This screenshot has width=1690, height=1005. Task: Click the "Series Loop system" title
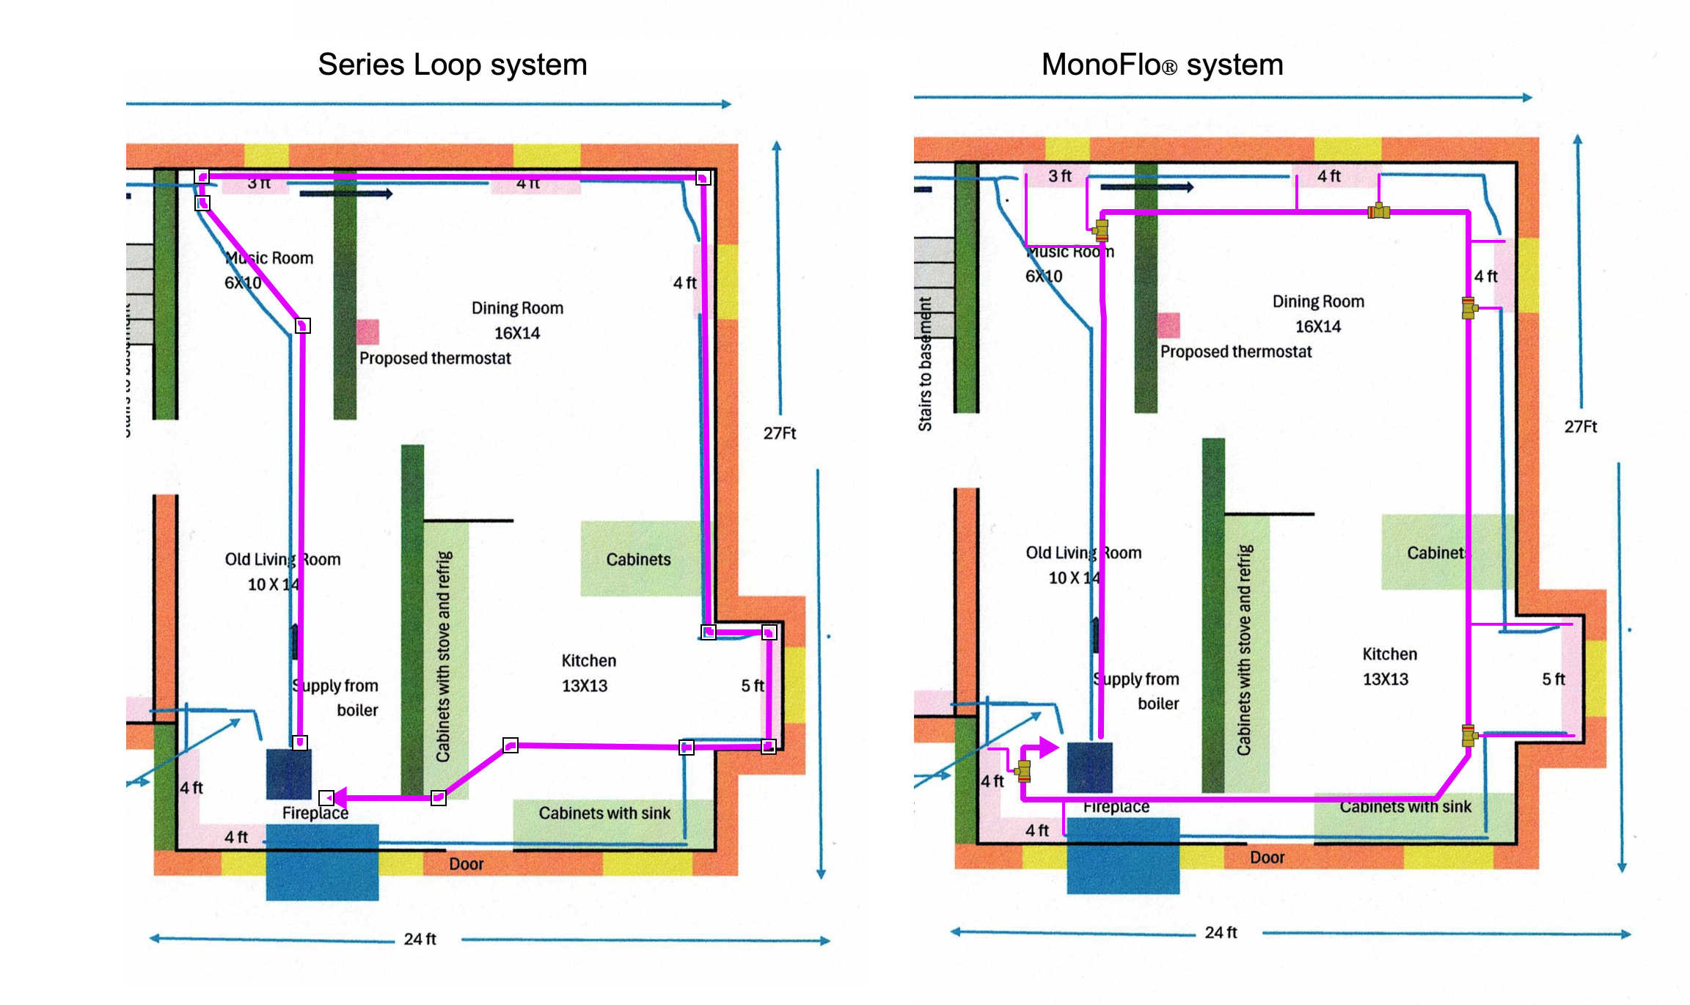click(452, 65)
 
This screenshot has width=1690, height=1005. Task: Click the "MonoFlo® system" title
click(1162, 65)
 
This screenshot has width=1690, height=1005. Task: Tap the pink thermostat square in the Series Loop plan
click(367, 332)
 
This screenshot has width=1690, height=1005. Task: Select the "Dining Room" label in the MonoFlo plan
click(1318, 301)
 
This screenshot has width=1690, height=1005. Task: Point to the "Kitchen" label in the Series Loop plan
click(588, 660)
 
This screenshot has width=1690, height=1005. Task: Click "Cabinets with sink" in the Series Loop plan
click(604, 813)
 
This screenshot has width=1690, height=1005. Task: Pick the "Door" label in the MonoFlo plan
click(1267, 858)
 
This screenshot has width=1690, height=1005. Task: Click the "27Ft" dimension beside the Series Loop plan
click(779, 433)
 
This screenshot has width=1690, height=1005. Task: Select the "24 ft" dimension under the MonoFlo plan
click(1221, 932)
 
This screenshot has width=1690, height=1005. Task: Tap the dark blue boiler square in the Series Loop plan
click(289, 774)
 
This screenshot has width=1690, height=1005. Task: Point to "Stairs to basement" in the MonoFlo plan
click(925, 364)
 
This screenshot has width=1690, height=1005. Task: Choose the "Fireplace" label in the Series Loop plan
click(315, 813)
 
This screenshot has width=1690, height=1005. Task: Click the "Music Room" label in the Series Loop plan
click(269, 258)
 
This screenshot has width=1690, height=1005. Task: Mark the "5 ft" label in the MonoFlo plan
click(1553, 679)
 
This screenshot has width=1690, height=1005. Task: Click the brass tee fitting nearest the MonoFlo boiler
click(1023, 770)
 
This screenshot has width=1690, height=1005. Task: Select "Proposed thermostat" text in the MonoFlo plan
click(1235, 352)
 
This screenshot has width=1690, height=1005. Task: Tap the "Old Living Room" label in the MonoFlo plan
click(1083, 552)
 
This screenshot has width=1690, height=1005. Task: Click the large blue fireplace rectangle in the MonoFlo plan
click(1123, 855)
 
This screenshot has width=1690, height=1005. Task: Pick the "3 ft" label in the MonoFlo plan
click(1059, 176)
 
